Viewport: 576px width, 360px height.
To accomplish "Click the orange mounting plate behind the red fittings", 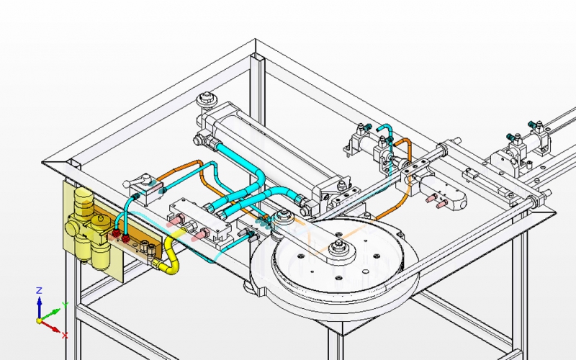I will point(137,248).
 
